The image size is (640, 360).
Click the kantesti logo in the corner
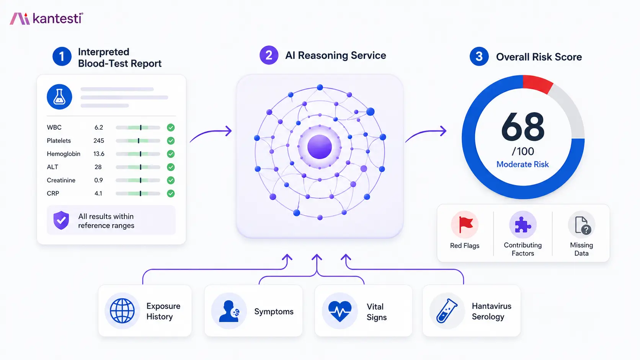[46, 19]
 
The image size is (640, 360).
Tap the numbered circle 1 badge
[62, 57]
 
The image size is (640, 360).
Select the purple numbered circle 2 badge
[269, 55]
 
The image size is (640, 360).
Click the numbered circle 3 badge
[479, 57]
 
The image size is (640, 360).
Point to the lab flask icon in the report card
[59, 97]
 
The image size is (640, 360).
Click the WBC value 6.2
[99, 127]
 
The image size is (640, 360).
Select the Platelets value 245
[99, 140]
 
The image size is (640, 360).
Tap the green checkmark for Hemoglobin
[171, 154]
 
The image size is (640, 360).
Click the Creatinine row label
[61, 180]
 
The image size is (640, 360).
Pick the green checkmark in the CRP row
[171, 194]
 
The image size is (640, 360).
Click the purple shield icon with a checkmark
[61, 220]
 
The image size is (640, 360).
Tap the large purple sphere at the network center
[320, 147]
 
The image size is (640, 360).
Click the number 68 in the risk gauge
[522, 127]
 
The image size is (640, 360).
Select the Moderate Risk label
[522, 165]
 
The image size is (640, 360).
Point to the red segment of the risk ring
[537, 83]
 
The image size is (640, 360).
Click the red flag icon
[465, 225]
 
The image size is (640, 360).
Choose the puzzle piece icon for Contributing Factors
[523, 225]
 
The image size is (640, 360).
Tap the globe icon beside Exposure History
[122, 311]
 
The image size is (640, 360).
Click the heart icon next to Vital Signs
[340, 311]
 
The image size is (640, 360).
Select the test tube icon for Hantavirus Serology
[447, 311]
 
